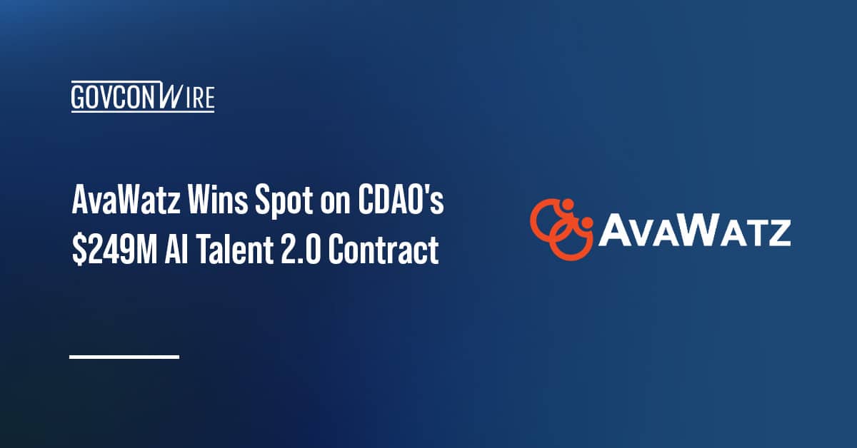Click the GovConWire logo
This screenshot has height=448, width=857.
(x=143, y=97)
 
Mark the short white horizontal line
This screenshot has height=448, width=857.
(x=124, y=355)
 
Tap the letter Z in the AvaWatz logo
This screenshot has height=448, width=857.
(x=777, y=232)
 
